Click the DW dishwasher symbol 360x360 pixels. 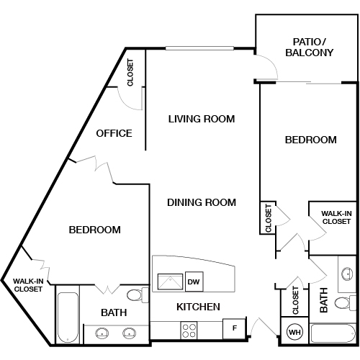pos(194,282)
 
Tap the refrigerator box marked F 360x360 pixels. pos(234,328)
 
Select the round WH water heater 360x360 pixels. pos(294,332)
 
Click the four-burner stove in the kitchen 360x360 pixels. pos(189,330)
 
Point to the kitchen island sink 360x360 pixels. pos(170,282)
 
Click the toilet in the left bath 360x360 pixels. pos(138,295)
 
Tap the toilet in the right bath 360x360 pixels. pos(345,303)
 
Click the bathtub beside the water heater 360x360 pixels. pos(333,333)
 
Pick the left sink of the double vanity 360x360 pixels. pos(102,333)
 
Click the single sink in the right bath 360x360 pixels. pos(347,274)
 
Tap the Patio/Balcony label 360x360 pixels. pos(310,48)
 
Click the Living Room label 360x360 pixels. pos(202,119)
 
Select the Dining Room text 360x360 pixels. pos(202,202)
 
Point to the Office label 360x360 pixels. pos(114,133)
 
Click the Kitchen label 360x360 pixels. pos(198,307)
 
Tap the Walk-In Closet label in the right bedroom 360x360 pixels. pos(336,217)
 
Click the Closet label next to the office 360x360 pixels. pos(130,73)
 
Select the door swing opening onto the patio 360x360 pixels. pos(266,67)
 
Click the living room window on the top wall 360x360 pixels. pos(199,48)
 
